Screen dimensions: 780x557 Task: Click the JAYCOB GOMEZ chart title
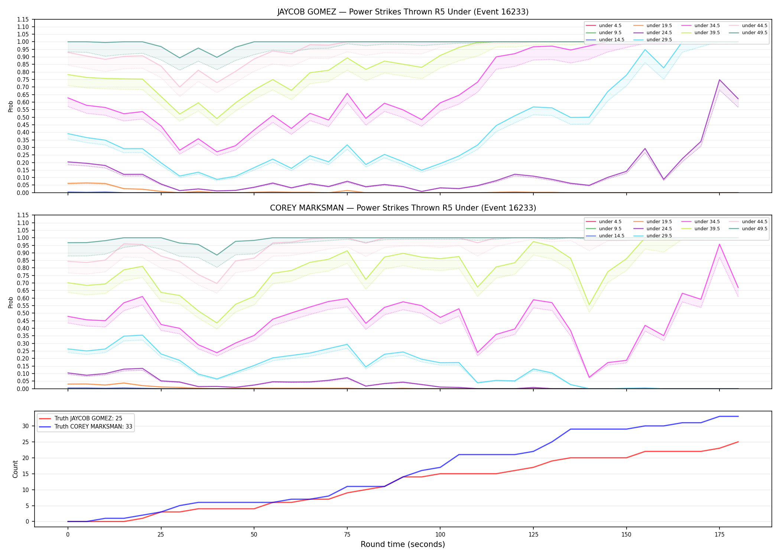403,12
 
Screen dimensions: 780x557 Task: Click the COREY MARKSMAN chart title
403,208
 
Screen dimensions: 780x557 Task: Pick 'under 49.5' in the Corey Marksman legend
754,229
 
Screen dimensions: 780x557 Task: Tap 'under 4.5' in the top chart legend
610,26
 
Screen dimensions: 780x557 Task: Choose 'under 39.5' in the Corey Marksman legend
707,229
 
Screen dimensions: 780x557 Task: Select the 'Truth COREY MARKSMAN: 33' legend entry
93,427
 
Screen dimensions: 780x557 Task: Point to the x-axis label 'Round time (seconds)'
403,544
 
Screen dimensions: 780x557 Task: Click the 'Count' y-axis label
15,469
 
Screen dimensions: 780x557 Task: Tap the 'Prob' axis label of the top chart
11,106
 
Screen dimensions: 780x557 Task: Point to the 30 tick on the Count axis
26,426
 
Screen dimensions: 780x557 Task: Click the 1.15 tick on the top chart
23,19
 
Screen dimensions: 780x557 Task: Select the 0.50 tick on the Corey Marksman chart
23,313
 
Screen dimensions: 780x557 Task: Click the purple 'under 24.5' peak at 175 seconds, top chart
719,80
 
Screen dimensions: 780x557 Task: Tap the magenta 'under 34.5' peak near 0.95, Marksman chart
719,244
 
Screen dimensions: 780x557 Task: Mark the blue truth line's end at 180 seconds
738,416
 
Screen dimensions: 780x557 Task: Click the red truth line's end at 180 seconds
738,442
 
